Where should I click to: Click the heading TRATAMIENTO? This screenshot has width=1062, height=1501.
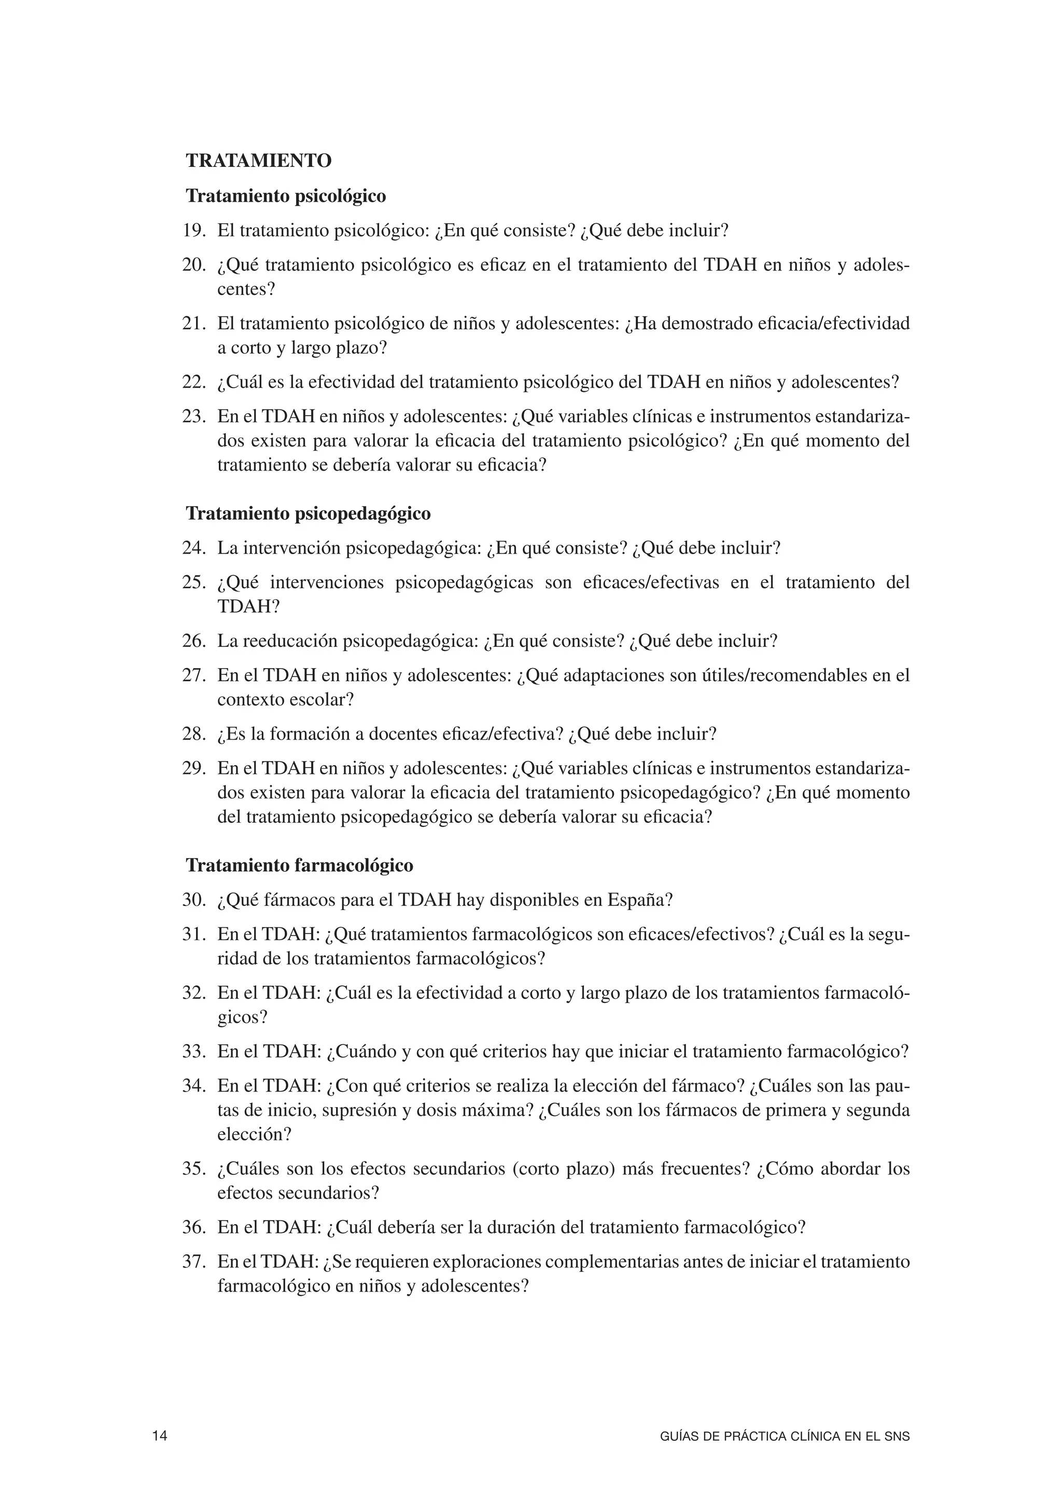(258, 161)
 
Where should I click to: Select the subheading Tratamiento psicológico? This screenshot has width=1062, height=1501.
(286, 195)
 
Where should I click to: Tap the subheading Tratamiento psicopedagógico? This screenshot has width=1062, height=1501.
(308, 513)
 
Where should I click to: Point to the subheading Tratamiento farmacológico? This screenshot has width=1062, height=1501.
(300, 865)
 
